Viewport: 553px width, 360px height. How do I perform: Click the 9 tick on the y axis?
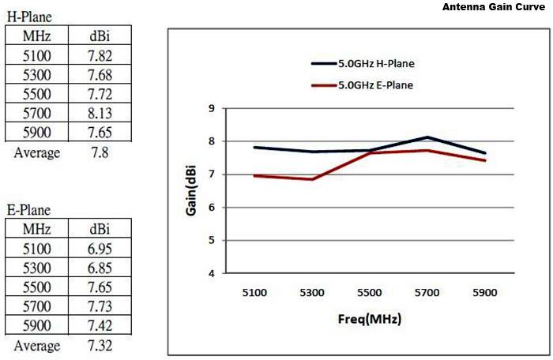point(211,108)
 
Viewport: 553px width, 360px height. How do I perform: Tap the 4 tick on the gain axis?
point(211,273)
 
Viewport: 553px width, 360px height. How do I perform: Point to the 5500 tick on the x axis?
point(370,292)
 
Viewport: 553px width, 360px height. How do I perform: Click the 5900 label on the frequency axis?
point(484,292)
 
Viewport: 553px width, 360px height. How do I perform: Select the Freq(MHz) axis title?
point(370,319)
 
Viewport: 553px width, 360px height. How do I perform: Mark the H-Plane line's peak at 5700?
point(427,137)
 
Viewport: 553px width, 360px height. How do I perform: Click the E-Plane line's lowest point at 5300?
point(313,179)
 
